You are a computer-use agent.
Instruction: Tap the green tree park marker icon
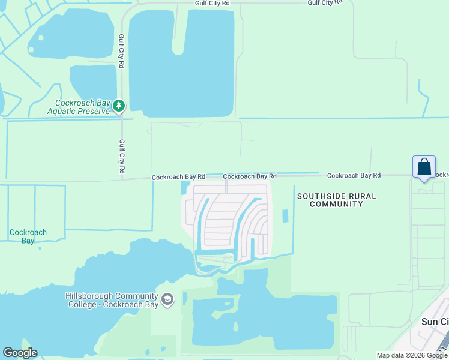[x=119, y=106]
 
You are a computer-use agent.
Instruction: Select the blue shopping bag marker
[x=424, y=167]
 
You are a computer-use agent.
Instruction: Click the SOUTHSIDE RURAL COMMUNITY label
[x=336, y=200]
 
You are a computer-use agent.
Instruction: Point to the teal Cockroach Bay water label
[x=28, y=236]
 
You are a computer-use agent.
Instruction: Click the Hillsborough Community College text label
[x=112, y=300]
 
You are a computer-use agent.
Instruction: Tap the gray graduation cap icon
[x=167, y=299]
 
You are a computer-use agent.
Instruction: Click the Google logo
[x=20, y=352]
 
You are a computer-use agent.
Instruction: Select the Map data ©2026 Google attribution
[x=412, y=355]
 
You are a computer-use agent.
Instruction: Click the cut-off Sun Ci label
[x=435, y=322]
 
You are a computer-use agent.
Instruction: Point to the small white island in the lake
[x=41, y=38]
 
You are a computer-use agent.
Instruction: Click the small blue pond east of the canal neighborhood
[x=285, y=216]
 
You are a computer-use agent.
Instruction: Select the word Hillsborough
[x=91, y=296]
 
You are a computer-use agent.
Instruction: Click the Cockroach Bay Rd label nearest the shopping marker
[x=354, y=175]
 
